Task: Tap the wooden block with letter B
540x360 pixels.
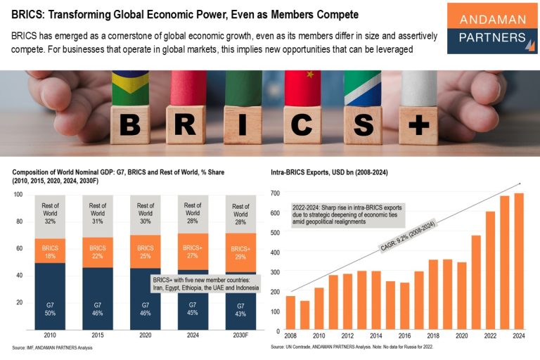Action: (129, 124)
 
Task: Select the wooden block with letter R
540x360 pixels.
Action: (185, 124)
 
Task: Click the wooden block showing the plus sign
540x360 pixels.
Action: (418, 124)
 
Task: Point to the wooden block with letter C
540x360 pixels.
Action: (302, 124)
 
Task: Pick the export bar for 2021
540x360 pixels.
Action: (476, 283)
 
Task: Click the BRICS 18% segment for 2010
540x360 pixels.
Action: (50, 251)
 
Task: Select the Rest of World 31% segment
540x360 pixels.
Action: (98, 216)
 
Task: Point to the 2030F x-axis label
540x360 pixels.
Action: (240, 335)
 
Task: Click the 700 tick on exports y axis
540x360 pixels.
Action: (275, 193)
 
